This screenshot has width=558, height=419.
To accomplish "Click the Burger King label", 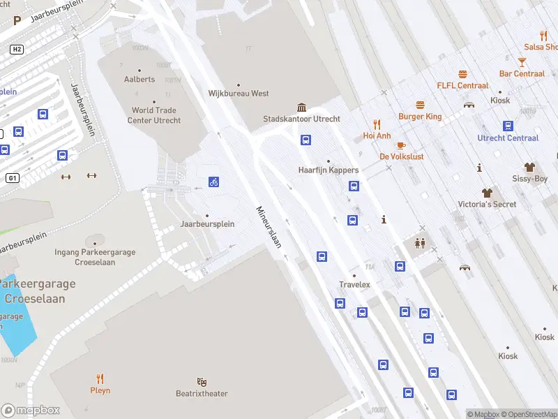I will (x=420, y=117).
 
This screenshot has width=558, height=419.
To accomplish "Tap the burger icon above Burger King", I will (x=420, y=105).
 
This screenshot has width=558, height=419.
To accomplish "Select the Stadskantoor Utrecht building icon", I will (x=301, y=107).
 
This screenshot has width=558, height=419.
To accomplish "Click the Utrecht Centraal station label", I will (x=508, y=138).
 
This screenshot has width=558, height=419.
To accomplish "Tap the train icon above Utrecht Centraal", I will (x=508, y=126).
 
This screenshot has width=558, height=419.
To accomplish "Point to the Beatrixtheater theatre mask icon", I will (x=202, y=382).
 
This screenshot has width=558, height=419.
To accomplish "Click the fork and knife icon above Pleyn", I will (x=100, y=378).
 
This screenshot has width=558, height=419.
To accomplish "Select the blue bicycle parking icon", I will (x=214, y=182).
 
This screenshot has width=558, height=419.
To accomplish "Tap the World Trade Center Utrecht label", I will (x=154, y=115).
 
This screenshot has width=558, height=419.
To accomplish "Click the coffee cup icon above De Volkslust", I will (x=400, y=145).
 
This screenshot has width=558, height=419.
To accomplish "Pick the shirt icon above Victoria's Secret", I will (x=487, y=192).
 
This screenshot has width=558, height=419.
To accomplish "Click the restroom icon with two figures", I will (x=421, y=243).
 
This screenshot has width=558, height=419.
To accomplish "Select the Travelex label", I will (x=354, y=284).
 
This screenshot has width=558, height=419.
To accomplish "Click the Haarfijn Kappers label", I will (x=329, y=170).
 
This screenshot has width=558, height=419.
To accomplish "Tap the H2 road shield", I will (x=17, y=50).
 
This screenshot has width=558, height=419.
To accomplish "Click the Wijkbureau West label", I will (x=239, y=93).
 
